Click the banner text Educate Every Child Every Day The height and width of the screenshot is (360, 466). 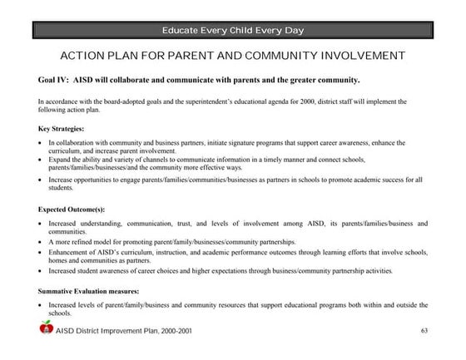pos(233,31)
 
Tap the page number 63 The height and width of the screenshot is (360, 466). pos(424,331)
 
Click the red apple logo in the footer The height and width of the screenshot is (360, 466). pos(46,330)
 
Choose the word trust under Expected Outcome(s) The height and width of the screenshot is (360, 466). pos(212,224)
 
